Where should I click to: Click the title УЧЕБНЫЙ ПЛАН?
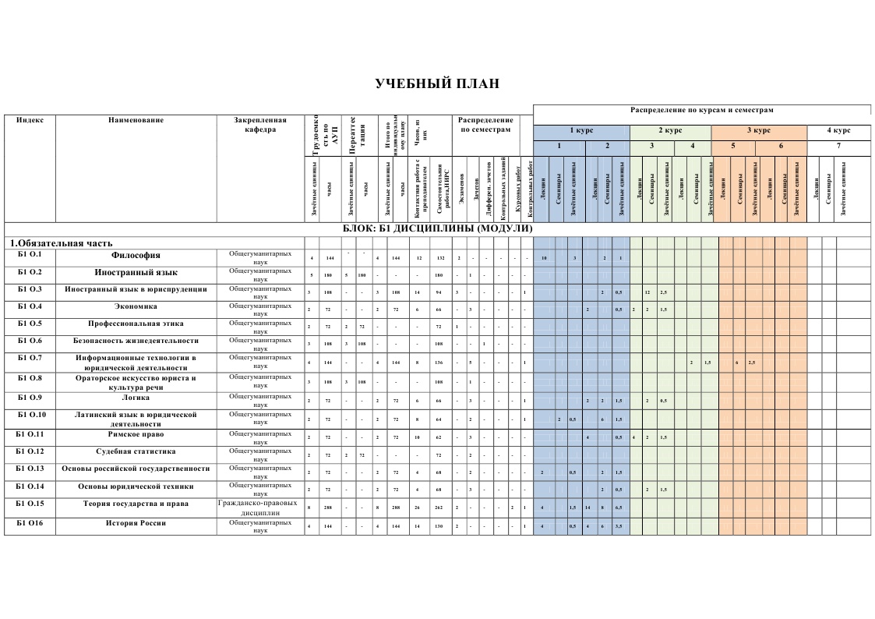click(x=436, y=84)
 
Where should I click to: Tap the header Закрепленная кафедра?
click(x=259, y=125)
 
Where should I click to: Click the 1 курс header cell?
click(x=581, y=130)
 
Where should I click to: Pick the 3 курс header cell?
click(x=759, y=130)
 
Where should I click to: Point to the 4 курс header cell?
click(x=838, y=130)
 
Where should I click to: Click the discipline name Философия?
click(x=136, y=255)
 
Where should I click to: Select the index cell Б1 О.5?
click(x=30, y=323)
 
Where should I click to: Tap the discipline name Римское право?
click(x=136, y=434)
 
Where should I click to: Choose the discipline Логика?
click(x=136, y=397)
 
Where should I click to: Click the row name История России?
click(x=136, y=523)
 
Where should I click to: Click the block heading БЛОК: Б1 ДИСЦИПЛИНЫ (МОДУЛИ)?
click(x=437, y=228)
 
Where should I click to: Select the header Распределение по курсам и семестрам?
click(x=701, y=110)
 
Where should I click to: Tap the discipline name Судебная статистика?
click(x=136, y=451)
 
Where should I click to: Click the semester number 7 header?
click(x=838, y=146)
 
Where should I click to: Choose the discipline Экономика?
click(x=136, y=306)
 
